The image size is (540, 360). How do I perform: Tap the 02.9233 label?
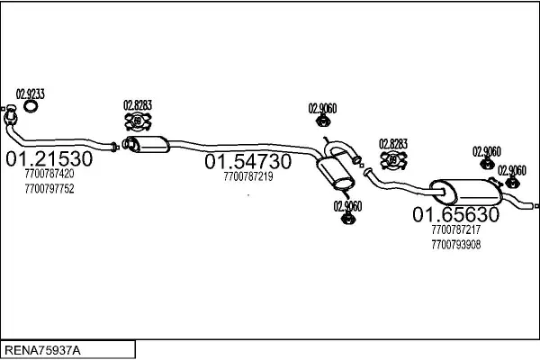tap(31, 93)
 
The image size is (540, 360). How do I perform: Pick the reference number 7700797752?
tap(50, 189)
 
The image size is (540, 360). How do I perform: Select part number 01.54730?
tap(247, 162)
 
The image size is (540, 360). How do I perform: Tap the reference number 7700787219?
tap(247, 176)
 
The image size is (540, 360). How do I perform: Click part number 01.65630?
tap(455, 214)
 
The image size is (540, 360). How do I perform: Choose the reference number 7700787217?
tap(455, 230)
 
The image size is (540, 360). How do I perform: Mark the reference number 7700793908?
tap(455, 244)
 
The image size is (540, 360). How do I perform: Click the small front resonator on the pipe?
tap(149, 143)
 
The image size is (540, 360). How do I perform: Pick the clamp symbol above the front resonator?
tap(138, 121)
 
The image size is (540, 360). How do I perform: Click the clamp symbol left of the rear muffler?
tap(393, 160)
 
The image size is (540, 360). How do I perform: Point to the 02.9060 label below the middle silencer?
tap(347, 206)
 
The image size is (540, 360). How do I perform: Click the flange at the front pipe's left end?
tap(12, 119)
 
